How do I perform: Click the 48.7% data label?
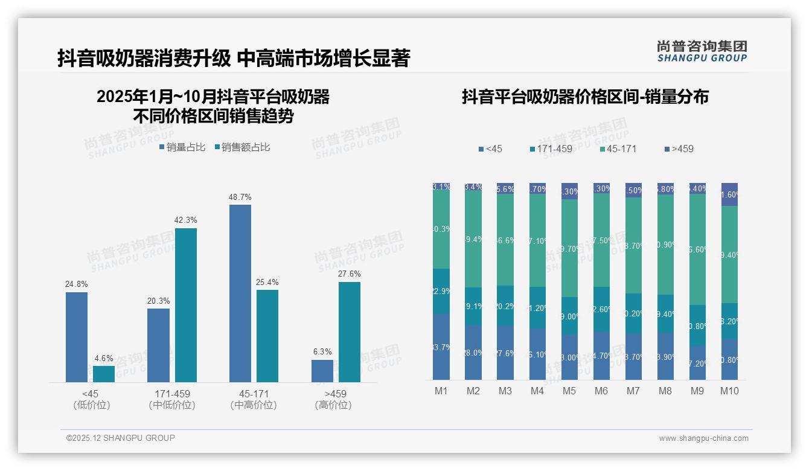coord(240,197)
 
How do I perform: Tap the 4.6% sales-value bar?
coord(104,374)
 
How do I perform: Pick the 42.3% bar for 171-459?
coord(186,305)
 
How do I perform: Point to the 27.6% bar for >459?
coord(350,332)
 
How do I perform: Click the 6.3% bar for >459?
coord(322,371)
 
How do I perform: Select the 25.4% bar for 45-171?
coord(267,336)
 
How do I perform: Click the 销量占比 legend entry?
coord(182,147)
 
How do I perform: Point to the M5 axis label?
coord(569,391)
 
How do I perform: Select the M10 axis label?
coord(729,391)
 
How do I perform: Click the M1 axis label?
coord(441,391)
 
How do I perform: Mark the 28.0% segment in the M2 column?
coord(473,353)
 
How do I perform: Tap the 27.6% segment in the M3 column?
coord(505,353)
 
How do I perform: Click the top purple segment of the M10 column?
coord(729,194)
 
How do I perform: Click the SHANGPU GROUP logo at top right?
coord(702,51)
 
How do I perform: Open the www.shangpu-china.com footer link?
coord(703,438)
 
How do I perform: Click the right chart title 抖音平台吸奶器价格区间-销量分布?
coord(585,97)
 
